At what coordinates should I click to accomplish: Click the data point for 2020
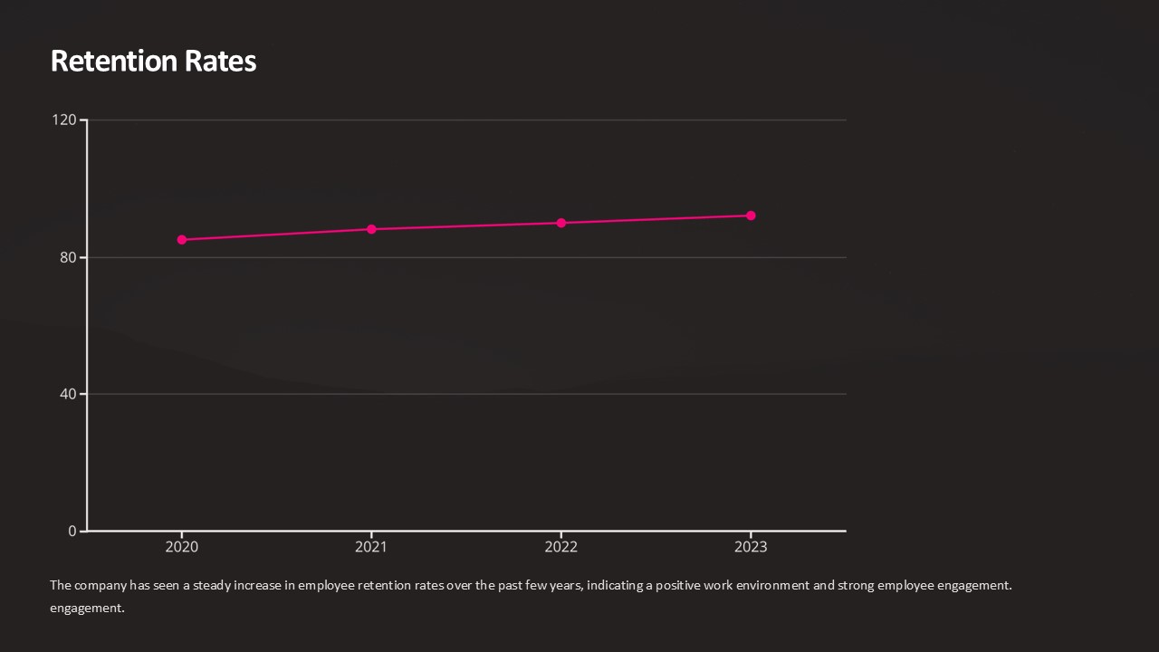(x=182, y=240)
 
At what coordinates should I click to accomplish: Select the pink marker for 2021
(x=371, y=229)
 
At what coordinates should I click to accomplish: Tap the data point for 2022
(x=561, y=223)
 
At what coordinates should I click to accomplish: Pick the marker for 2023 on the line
(x=751, y=216)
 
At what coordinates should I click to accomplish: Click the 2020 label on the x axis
(x=182, y=547)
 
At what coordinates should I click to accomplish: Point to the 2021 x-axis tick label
(x=371, y=547)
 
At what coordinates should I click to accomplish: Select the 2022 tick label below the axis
(x=561, y=547)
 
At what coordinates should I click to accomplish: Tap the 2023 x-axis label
(x=751, y=547)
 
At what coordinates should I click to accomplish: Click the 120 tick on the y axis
(x=64, y=120)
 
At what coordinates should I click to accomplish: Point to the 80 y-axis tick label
(x=68, y=257)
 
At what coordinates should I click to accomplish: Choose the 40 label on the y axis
(x=68, y=394)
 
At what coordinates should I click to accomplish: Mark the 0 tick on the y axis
(x=72, y=531)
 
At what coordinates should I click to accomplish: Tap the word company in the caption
(x=101, y=585)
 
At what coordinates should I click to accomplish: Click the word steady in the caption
(x=212, y=585)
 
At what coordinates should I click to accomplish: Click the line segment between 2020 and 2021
(x=276, y=235)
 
